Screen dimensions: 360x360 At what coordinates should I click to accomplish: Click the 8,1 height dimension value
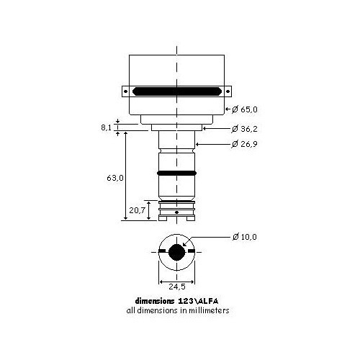[x=106, y=127]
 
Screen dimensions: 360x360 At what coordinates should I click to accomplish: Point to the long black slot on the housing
[x=176, y=91]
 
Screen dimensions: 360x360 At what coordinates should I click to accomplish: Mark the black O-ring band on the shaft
[x=176, y=174]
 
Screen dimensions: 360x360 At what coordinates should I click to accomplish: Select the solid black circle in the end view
[x=176, y=252]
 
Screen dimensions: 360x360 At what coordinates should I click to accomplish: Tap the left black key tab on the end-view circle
[x=161, y=252]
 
